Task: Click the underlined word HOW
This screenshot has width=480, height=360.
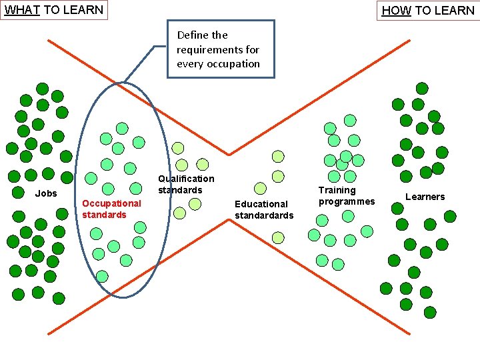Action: pyautogui.click(x=396, y=10)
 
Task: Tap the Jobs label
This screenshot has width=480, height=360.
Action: pyautogui.click(x=46, y=193)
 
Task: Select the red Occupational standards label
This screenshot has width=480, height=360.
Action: pyautogui.click(x=111, y=209)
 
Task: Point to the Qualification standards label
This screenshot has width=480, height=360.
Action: pyautogui.click(x=186, y=184)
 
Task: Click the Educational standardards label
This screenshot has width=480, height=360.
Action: pyautogui.click(x=264, y=209)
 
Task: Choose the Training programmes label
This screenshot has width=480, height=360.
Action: pyautogui.click(x=347, y=195)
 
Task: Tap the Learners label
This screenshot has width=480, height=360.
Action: pyautogui.click(x=425, y=197)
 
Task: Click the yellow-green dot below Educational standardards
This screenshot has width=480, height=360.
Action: pyautogui.click(x=278, y=237)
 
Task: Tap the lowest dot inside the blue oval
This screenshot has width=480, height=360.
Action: pyautogui.click(x=102, y=276)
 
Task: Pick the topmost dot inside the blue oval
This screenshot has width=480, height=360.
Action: pyautogui.click(x=122, y=128)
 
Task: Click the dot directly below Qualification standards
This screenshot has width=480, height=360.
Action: pyautogui.click(x=195, y=203)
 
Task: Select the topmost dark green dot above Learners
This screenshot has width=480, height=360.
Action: pyautogui.click(x=422, y=88)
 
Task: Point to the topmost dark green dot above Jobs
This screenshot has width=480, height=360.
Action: pyautogui.click(x=42, y=89)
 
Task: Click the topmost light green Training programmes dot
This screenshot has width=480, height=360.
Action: pyautogui.click(x=350, y=121)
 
